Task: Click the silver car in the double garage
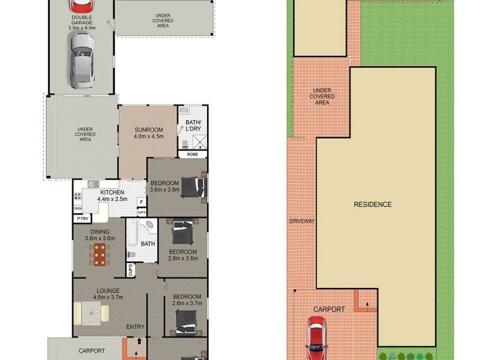click(x=81, y=59)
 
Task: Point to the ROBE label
click(x=192, y=154)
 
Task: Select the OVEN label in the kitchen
click(x=77, y=208)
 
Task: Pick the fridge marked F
click(x=141, y=202)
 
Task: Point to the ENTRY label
click(x=135, y=326)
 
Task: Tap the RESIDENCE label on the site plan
click(x=372, y=205)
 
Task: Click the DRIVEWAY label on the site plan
click(x=301, y=221)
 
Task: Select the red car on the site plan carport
click(x=317, y=334)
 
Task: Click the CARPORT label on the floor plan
click(x=92, y=351)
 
